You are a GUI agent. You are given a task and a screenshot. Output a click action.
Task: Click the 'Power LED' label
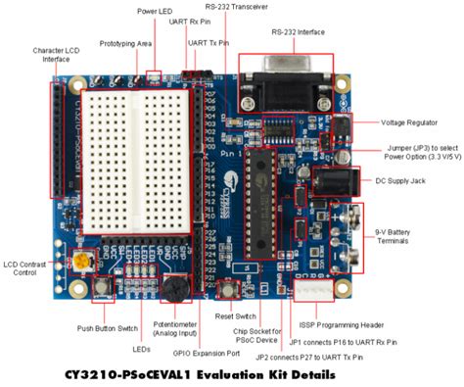[157, 12]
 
